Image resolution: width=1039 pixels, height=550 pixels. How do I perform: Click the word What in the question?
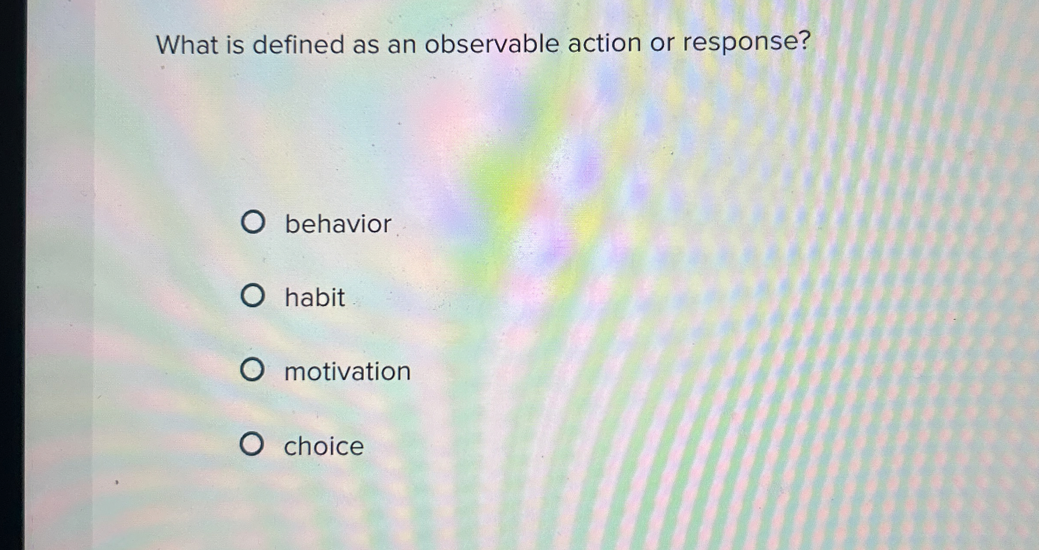click(187, 45)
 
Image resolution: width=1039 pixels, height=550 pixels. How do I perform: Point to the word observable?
click(491, 44)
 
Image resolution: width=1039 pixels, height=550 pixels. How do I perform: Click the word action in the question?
click(604, 43)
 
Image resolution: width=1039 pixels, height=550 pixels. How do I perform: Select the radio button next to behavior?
click(252, 222)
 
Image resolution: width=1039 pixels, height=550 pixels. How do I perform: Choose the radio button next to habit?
click(252, 296)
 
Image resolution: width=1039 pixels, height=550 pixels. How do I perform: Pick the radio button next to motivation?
click(252, 370)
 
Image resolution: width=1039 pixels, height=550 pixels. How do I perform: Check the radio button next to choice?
click(252, 444)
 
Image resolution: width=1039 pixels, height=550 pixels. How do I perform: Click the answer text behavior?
click(338, 224)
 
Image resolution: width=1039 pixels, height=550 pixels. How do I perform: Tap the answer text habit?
click(315, 297)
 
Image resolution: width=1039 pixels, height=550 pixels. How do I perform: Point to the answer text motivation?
click(347, 371)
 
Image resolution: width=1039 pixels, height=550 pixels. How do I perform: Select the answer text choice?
click(324, 446)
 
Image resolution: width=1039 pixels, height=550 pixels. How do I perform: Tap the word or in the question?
click(662, 43)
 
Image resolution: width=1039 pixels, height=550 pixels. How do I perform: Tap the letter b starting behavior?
click(292, 224)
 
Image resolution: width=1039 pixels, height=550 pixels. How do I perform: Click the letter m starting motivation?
click(296, 372)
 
